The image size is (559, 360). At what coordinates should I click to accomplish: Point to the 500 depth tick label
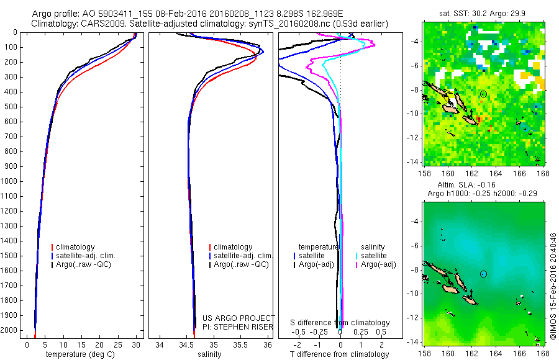(x=11, y=107)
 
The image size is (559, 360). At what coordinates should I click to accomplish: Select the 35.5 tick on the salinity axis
(x=240, y=344)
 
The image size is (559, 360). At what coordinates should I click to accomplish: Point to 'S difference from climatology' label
(x=340, y=323)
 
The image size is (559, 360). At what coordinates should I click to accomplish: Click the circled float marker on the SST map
(x=483, y=94)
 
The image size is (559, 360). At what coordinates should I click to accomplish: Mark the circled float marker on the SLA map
(x=483, y=274)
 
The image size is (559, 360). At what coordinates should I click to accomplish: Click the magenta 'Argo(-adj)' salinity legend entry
(x=378, y=264)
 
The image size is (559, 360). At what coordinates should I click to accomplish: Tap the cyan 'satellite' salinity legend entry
(x=376, y=256)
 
